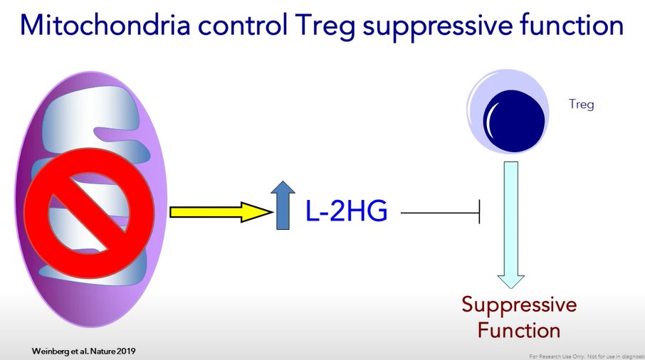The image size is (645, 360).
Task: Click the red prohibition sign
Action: pyautogui.click(x=90, y=211)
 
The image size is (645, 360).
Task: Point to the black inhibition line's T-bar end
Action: pyautogui.click(x=480, y=211)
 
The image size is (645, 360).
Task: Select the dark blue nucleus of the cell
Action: pyautogui.click(x=515, y=122)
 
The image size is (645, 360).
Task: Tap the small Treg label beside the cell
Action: pyautogui.click(x=581, y=105)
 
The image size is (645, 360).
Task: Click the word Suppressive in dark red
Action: pyautogui.click(x=519, y=305)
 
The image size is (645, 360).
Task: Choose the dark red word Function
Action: pyautogui.click(x=519, y=329)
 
